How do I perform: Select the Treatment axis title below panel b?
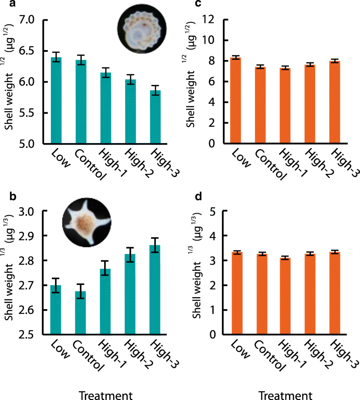coord(105,394)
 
